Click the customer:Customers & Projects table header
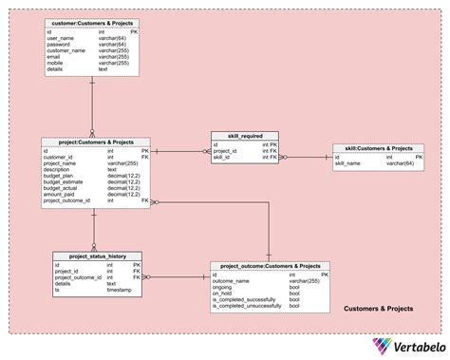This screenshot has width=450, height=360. (92, 22)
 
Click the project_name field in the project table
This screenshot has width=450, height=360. (59, 163)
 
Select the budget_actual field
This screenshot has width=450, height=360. (60, 188)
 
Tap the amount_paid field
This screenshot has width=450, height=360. (59, 194)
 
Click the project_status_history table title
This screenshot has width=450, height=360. (97, 256)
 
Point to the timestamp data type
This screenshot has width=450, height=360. (120, 289)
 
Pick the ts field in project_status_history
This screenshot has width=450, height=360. (56, 289)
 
